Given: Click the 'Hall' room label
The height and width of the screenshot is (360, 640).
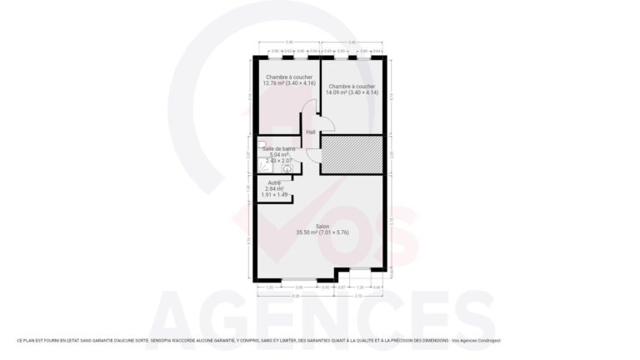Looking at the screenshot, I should [311, 132].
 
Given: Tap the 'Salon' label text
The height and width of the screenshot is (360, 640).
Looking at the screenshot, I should [322, 226].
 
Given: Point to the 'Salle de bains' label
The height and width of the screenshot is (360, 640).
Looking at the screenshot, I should [278, 148].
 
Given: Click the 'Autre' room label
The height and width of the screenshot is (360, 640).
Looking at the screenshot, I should [274, 182].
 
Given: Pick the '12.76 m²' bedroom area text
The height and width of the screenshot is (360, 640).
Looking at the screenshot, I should [274, 83].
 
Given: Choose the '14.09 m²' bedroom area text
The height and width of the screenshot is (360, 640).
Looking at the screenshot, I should [337, 92].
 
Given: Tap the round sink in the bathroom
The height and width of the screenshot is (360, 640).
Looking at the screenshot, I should [287, 167].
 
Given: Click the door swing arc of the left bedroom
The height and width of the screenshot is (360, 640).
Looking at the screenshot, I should [309, 109].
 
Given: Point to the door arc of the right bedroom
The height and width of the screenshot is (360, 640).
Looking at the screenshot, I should [327, 124].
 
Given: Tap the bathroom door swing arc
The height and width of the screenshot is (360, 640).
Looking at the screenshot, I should [312, 156].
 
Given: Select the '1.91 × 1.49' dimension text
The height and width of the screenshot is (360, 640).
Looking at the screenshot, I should [275, 195].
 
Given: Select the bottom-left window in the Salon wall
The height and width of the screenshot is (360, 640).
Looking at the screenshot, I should [298, 278].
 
